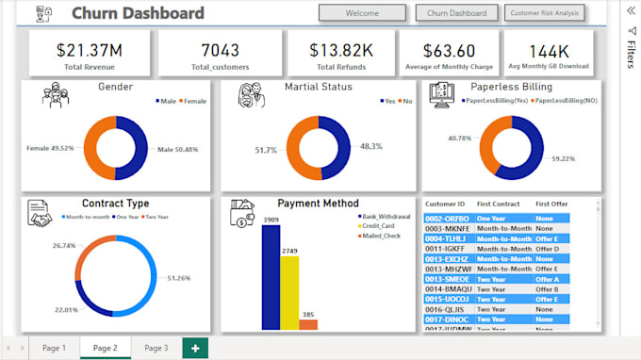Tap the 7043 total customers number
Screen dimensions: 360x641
coord(220,50)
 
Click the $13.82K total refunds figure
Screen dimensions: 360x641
coord(339,50)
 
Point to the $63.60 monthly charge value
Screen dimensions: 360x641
coord(449,50)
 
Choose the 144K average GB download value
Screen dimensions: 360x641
coord(550,50)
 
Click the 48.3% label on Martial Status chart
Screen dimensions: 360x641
coord(371,146)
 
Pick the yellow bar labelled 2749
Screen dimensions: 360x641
coord(289,291)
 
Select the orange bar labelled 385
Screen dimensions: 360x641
coord(308,324)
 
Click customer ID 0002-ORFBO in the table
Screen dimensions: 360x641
coord(447,218)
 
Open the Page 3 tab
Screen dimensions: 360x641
coord(156,348)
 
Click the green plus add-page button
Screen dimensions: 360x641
coord(195,348)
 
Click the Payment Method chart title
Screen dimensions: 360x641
coord(318,203)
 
